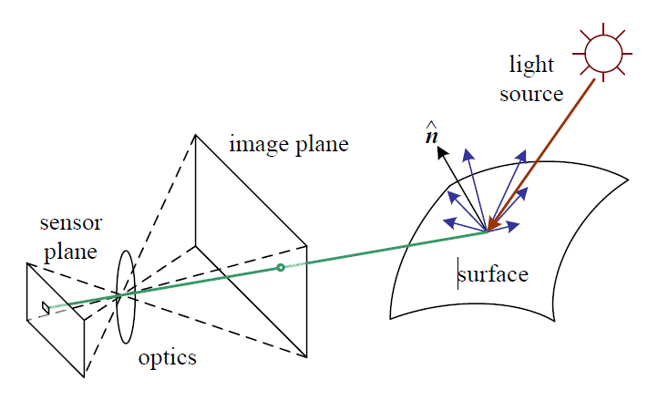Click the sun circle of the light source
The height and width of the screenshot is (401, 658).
[x=602, y=51]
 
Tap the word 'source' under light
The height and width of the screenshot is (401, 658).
[x=531, y=93]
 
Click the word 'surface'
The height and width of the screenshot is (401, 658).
[x=494, y=274]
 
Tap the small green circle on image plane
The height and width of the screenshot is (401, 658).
[x=281, y=267]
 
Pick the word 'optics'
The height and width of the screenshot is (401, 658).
[x=167, y=357]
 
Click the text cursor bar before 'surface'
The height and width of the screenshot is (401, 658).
[x=458, y=274]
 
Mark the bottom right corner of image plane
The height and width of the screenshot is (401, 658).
[x=306, y=356]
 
